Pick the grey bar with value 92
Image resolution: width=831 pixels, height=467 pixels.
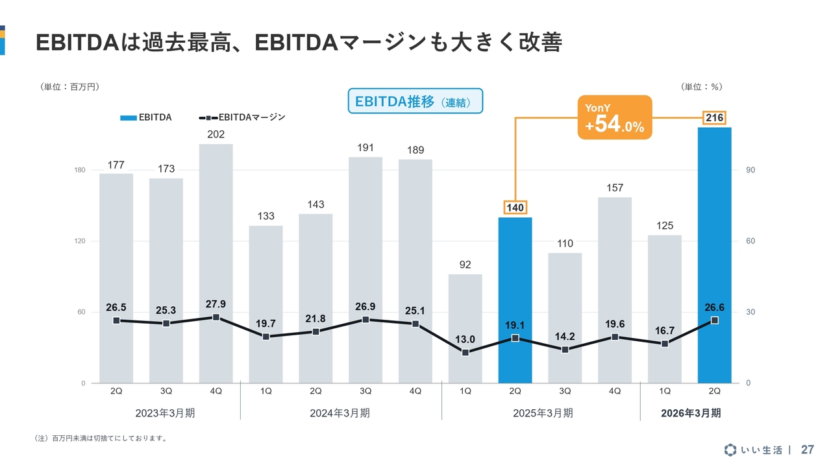click(x=465, y=328)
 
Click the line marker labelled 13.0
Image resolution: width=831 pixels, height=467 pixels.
click(x=465, y=352)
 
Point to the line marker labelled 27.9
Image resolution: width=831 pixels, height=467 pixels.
click(x=216, y=317)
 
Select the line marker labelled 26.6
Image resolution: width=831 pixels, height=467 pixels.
click(x=714, y=320)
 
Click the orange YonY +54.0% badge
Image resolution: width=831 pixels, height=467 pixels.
click(x=614, y=117)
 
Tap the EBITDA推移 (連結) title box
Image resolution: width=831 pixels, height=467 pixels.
click(x=415, y=102)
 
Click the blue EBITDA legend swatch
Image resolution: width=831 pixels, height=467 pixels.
click(x=128, y=118)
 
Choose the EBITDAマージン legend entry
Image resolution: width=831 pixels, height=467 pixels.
click(x=243, y=118)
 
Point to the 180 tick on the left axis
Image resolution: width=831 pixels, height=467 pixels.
click(x=80, y=170)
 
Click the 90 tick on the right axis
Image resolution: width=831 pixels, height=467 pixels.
click(x=750, y=170)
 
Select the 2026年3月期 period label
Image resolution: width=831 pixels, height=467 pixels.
click(x=690, y=413)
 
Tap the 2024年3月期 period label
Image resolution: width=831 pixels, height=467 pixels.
click(x=340, y=413)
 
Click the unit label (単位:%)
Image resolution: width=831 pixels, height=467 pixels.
click(x=702, y=86)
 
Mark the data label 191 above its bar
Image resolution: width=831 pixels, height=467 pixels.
click(x=366, y=148)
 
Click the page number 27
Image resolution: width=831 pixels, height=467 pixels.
click(x=808, y=449)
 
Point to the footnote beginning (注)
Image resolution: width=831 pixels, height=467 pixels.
click(x=100, y=438)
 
